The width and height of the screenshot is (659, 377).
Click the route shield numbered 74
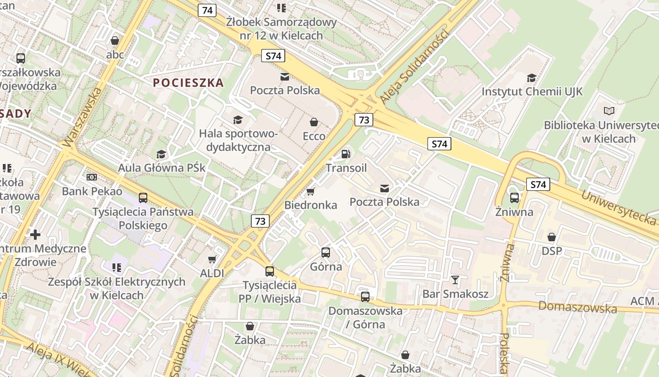click(207, 10)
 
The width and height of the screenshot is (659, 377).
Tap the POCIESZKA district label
click(188, 83)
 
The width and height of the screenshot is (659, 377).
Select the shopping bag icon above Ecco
click(314, 122)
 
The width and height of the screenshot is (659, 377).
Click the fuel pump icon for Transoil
click(346, 154)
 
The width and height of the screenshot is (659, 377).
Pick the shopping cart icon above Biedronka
click(310, 191)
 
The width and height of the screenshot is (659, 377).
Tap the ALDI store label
click(212, 273)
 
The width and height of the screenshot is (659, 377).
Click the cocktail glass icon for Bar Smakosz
click(455, 279)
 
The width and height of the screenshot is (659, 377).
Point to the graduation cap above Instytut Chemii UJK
click(531, 78)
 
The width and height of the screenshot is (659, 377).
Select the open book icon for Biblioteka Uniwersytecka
click(609, 111)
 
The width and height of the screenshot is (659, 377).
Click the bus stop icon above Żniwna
click(514, 198)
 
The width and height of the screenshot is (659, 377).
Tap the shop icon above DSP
click(552, 237)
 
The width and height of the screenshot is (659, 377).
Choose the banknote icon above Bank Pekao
click(92, 177)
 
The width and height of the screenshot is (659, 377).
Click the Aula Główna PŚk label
click(161, 168)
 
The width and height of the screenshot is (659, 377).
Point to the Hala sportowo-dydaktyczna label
click(239, 140)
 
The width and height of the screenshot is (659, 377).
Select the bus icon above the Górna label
click(326, 253)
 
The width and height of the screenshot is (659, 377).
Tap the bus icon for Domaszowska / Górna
click(365, 297)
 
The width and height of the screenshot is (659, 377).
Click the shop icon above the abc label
click(115, 41)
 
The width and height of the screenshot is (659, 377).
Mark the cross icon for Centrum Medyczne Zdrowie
click(35, 234)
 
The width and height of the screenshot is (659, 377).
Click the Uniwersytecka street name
click(618, 207)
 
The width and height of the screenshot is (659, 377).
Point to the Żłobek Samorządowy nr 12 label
click(281, 28)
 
